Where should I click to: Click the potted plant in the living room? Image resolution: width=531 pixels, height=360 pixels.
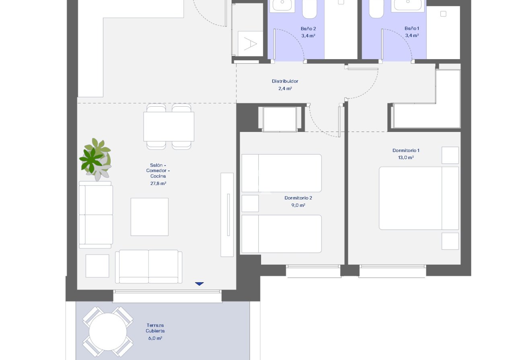(96, 159)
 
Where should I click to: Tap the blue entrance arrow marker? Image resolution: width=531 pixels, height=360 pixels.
(200, 284)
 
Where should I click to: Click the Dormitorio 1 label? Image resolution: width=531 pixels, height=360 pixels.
(406, 150)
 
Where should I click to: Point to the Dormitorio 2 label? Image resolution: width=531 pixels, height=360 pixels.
(298, 198)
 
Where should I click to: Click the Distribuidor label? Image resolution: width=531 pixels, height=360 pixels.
(285, 81)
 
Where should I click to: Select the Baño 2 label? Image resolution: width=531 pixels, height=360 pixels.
(308, 29)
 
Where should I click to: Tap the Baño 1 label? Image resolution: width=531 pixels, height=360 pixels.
(412, 29)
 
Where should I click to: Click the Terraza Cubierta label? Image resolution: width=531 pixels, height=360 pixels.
(155, 328)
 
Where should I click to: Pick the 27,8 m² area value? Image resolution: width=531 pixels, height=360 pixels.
(158, 183)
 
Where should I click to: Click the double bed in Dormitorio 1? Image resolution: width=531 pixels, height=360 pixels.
(418, 198)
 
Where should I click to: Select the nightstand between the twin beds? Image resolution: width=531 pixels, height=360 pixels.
(250, 203)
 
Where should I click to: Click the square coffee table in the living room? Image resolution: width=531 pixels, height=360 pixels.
(150, 217)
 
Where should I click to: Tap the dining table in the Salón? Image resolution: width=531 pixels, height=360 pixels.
(169, 126)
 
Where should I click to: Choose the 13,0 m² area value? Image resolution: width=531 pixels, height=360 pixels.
(406, 158)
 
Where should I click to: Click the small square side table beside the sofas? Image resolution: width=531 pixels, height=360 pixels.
(97, 265)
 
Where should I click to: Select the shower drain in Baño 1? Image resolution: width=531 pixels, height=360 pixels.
(443, 14)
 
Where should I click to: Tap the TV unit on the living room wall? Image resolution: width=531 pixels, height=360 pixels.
(227, 214)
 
